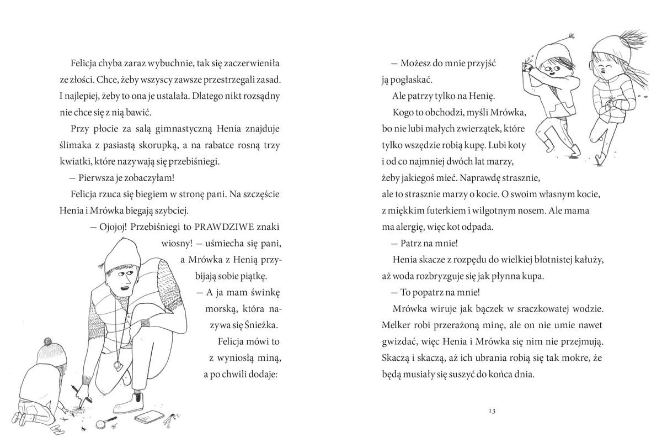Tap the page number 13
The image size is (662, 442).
click(493, 411)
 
